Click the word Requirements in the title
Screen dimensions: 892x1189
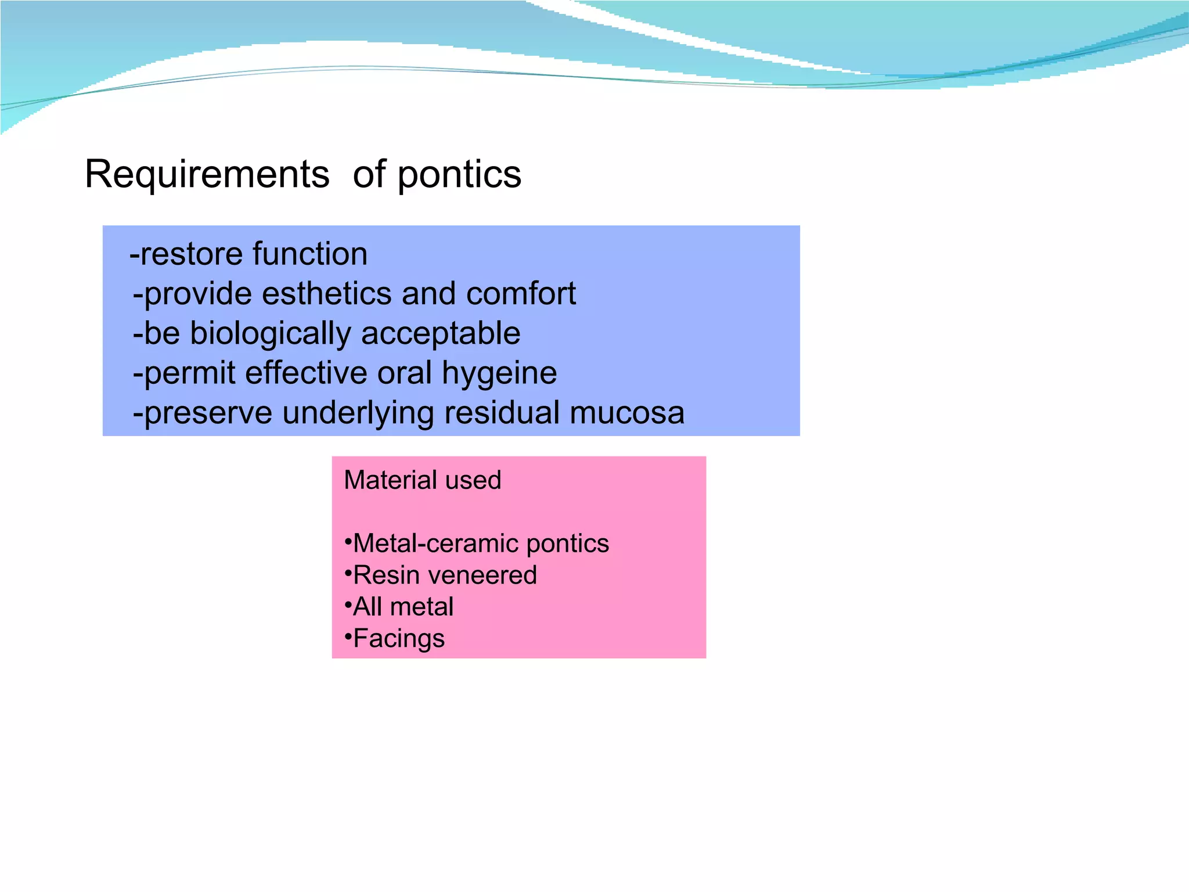[x=207, y=174]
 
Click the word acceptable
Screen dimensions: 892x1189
[x=441, y=334]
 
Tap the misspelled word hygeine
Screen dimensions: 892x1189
[x=499, y=373]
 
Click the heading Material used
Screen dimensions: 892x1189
[x=422, y=480]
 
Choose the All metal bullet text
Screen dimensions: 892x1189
[x=403, y=607]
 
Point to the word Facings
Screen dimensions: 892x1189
[x=399, y=639]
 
